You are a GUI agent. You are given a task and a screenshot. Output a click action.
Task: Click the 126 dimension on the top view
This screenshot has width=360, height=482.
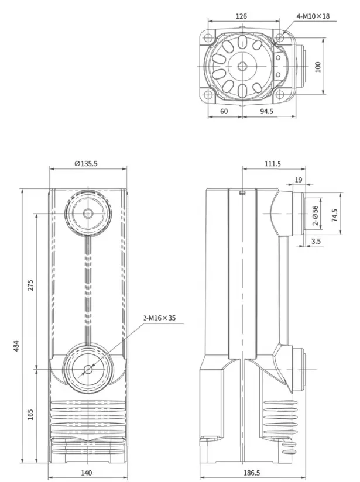pyautogui.click(x=241, y=17)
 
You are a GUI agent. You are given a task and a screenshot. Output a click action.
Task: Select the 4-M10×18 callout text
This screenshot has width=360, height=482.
pyautogui.click(x=313, y=16)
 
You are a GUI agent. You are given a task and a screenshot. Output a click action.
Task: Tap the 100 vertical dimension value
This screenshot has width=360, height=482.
pyautogui.click(x=318, y=67)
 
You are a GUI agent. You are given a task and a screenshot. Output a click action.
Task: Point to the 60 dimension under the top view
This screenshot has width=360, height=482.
pyautogui.click(x=224, y=112)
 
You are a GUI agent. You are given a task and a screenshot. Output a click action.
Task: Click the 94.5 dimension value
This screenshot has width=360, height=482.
pyautogui.click(x=266, y=112)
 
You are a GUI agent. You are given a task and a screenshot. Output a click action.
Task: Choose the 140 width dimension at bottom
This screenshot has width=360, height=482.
pyautogui.click(x=86, y=473)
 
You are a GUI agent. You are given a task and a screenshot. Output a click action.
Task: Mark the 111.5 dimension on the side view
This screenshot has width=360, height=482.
pyautogui.click(x=272, y=164)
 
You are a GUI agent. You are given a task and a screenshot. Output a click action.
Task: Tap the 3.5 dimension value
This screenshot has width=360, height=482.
pyautogui.click(x=316, y=241)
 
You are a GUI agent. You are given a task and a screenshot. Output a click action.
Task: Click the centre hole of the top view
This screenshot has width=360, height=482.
pyautogui.click(x=242, y=67)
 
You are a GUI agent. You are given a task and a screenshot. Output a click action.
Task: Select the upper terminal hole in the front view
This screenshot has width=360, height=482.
pyautogui.click(x=87, y=214)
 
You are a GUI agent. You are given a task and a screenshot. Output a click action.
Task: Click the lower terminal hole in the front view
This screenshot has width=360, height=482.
pyautogui.click(x=87, y=369)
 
